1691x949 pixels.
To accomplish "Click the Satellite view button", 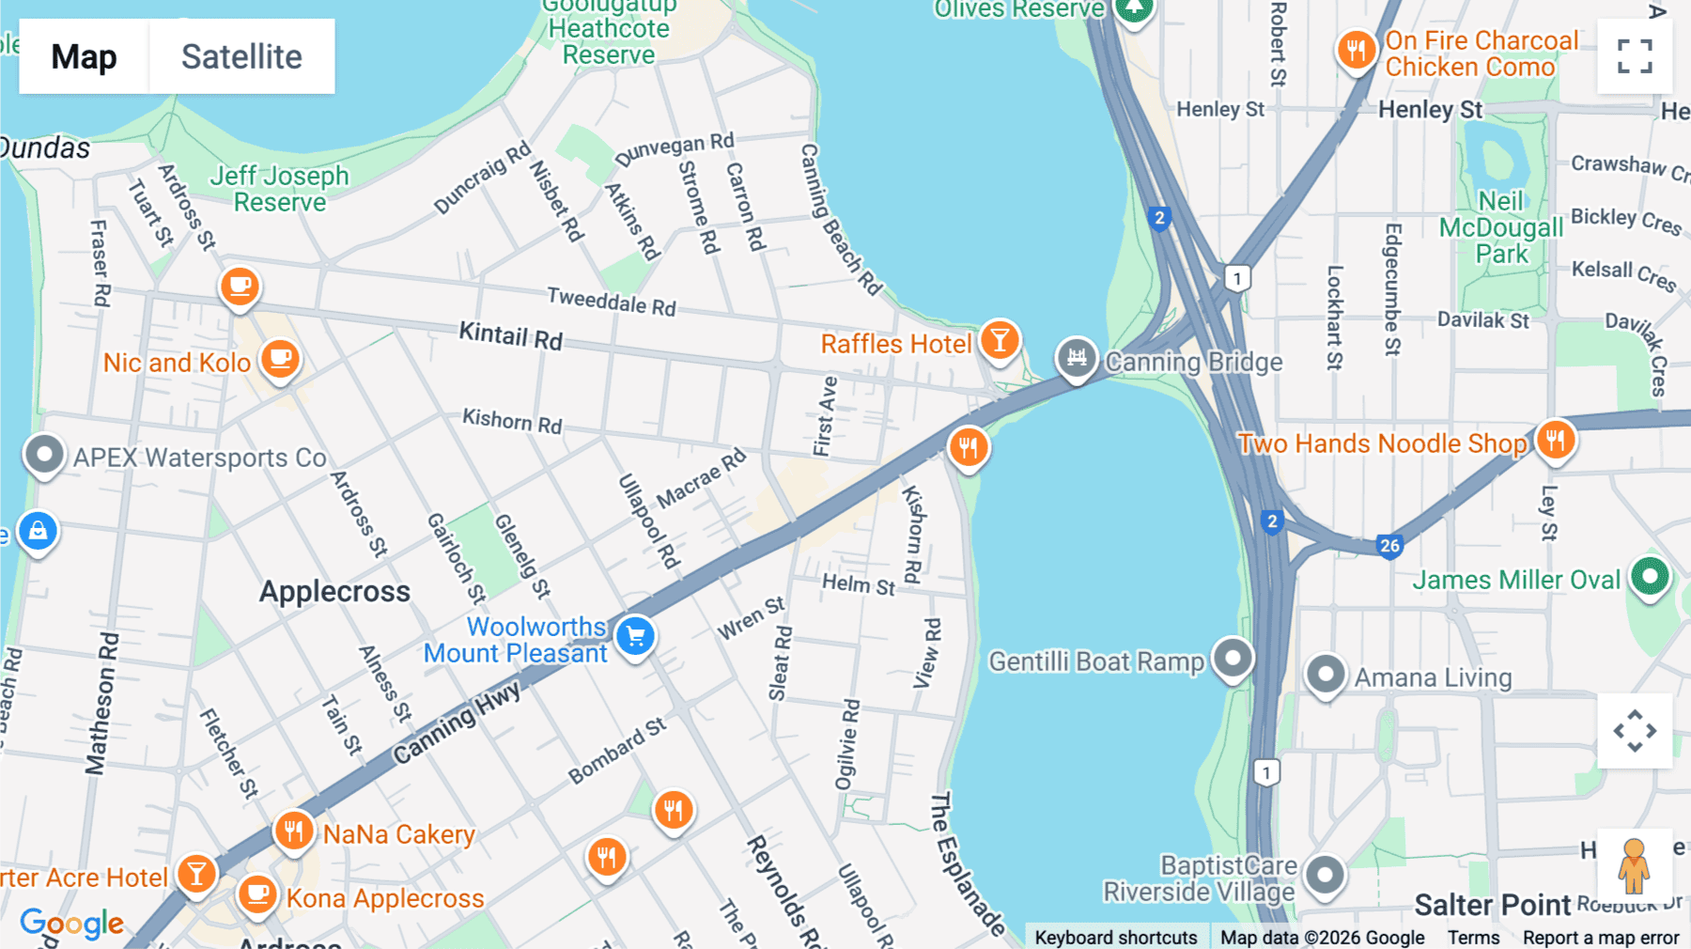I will (x=241, y=56).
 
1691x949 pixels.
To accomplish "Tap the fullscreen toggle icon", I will (x=1635, y=56).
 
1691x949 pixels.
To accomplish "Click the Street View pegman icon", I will (x=1634, y=865).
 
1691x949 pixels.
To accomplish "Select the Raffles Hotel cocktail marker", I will (x=1000, y=340).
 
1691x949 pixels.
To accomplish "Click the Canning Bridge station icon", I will (x=1077, y=358).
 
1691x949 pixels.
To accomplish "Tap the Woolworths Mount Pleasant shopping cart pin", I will (x=636, y=636).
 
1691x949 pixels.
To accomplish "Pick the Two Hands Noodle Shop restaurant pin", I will (x=1555, y=439).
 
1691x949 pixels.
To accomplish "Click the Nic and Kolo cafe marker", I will (x=280, y=359).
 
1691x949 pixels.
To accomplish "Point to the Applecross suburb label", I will (x=334, y=592).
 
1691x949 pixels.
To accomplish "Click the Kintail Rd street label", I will (x=510, y=335).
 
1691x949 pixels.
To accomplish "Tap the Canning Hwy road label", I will (x=457, y=722).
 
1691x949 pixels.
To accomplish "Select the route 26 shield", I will (x=1389, y=545).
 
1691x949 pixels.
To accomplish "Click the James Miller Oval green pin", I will (x=1650, y=575).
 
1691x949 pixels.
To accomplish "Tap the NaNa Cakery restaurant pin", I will (x=293, y=831).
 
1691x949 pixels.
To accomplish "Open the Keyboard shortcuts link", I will (x=1115, y=938).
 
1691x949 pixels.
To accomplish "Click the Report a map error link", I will (x=1600, y=938).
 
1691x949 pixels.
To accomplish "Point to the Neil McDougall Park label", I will (x=1500, y=227).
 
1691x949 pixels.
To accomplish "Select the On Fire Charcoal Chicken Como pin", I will (x=1356, y=49).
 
